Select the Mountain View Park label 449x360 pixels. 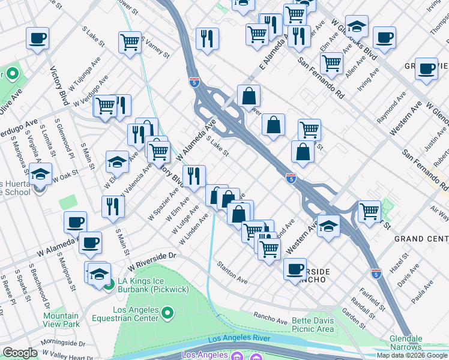tap(61, 320)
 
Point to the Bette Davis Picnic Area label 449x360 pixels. tap(313, 325)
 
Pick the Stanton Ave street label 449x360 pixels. tap(233, 272)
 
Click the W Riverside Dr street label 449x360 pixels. tap(153, 257)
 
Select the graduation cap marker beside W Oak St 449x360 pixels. tap(40, 175)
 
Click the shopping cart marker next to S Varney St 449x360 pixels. tap(130, 42)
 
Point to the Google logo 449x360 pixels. tap(20, 353)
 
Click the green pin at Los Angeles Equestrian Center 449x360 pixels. tap(168, 313)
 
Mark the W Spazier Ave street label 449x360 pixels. tap(164, 202)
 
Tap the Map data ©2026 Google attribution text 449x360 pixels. tap(411, 355)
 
